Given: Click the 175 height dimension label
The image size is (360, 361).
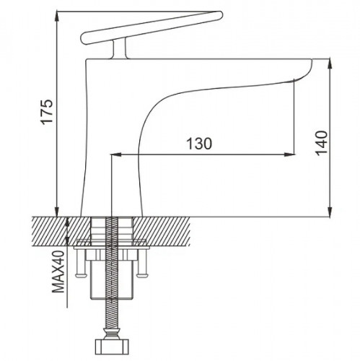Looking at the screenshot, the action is pos(47,111).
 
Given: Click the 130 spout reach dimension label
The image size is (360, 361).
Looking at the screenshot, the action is pos(199,144).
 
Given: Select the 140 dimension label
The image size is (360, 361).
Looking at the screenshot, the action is pos(322,143).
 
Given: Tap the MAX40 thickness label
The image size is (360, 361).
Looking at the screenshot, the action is pos(58,271).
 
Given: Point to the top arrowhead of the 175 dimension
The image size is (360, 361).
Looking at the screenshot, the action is pos(57,17).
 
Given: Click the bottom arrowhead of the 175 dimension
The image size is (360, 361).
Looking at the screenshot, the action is pos(57,212).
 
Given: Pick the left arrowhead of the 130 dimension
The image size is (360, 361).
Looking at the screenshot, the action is pos(115,155).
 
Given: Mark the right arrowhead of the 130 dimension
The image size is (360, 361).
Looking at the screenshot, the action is pos(289,155).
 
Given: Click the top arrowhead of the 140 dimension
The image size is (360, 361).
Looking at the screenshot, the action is pos(330,64).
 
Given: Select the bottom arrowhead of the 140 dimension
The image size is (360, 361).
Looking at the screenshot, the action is pos(330,212).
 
